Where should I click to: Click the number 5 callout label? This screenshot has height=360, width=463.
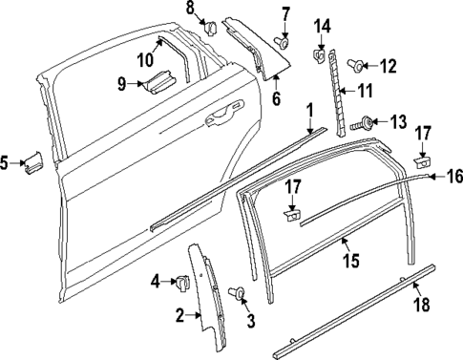click(6, 163)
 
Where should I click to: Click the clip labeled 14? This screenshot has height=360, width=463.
click(318, 59)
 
